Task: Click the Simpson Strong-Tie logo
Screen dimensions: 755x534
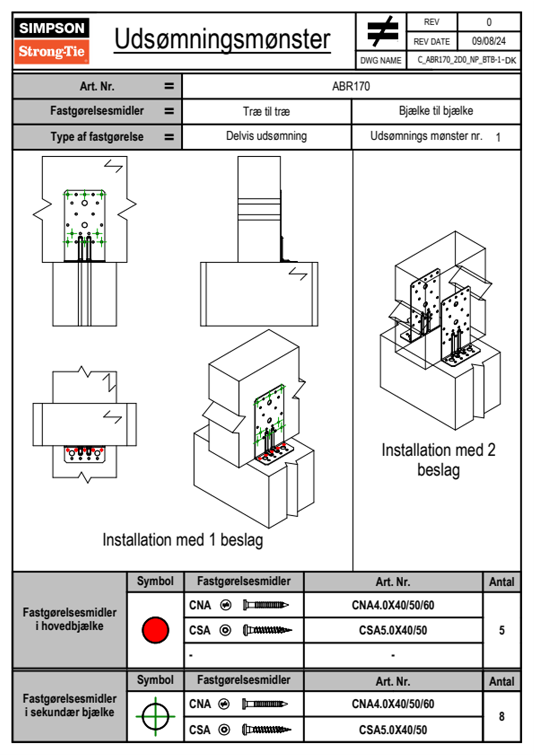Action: (x=52, y=40)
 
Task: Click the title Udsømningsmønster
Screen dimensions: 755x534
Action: (x=222, y=40)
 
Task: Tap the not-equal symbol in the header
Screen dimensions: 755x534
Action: (x=382, y=31)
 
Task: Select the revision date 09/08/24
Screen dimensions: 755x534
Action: (x=488, y=41)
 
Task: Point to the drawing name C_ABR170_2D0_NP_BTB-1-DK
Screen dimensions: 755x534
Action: (x=466, y=60)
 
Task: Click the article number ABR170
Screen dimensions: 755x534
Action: (x=351, y=86)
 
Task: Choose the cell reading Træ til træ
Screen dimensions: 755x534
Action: (x=267, y=111)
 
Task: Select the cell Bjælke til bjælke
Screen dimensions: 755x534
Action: (x=436, y=111)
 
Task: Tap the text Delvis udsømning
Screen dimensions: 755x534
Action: (x=267, y=136)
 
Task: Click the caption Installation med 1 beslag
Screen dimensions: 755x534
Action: (x=183, y=540)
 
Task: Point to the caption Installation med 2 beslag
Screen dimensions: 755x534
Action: (x=438, y=460)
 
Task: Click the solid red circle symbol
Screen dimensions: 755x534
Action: (x=155, y=630)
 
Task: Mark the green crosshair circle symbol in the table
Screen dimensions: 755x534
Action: (x=155, y=716)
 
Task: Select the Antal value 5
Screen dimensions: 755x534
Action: (x=501, y=630)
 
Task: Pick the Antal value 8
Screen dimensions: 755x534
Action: (x=501, y=716)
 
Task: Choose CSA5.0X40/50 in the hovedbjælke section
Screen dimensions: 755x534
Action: (x=393, y=630)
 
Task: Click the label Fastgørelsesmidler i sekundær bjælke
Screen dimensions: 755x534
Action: (x=70, y=705)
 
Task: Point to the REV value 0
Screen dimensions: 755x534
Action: (x=489, y=22)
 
